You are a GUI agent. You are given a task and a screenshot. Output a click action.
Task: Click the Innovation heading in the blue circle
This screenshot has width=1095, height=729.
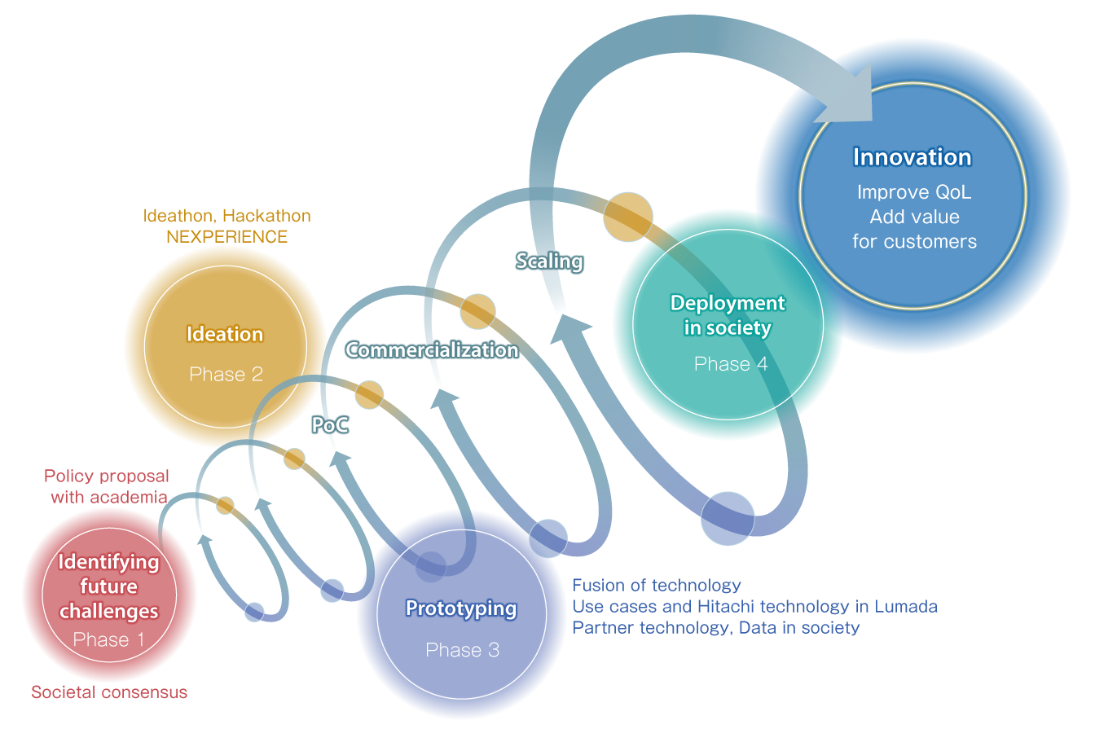click(912, 157)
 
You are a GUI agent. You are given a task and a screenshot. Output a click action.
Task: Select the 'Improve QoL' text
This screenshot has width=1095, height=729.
click(914, 193)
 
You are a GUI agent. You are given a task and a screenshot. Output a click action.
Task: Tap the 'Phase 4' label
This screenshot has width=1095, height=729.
click(730, 364)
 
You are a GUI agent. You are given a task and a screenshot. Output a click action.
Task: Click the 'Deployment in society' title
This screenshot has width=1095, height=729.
click(728, 315)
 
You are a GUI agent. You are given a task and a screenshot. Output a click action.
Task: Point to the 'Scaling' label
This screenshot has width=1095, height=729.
click(550, 261)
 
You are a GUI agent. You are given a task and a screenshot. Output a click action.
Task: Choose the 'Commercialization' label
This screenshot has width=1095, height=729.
click(432, 350)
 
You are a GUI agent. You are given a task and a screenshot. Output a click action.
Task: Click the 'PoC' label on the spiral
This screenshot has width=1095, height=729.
click(331, 425)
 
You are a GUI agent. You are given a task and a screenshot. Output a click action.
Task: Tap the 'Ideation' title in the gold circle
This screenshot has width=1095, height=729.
click(225, 335)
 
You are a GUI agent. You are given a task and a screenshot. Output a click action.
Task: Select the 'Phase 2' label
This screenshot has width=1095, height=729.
click(226, 375)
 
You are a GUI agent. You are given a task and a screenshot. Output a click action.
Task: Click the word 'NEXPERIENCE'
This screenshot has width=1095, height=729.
click(226, 237)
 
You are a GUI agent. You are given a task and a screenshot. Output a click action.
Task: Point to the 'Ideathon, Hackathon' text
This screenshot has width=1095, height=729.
click(226, 216)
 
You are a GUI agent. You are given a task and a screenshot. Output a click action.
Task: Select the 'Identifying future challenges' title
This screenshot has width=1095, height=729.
click(108, 586)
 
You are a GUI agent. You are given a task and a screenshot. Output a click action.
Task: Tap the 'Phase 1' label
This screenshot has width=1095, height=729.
click(108, 640)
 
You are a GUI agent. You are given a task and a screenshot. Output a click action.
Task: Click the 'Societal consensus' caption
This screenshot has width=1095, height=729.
click(109, 692)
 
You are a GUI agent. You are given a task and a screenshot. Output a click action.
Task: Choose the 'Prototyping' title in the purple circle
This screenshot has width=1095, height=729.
click(461, 608)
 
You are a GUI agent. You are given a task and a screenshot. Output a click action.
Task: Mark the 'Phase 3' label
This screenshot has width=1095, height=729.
click(462, 650)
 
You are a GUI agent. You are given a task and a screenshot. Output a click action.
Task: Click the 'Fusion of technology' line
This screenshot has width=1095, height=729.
click(657, 585)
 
